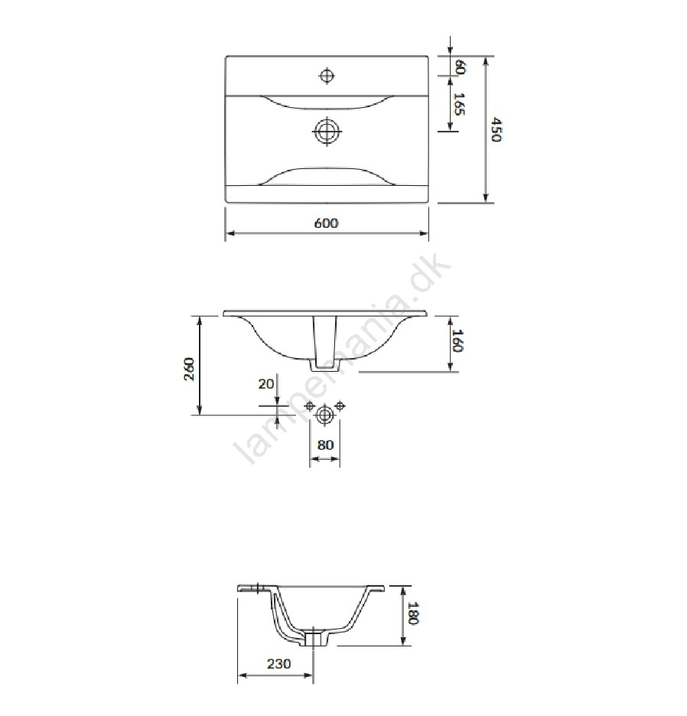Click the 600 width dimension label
tap(326, 223)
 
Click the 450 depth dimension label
tap(497, 129)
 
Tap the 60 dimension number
tap(460, 67)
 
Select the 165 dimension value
tap(459, 104)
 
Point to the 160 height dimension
tap(457, 340)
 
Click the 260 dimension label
tap(189, 369)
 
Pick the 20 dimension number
tap(266, 384)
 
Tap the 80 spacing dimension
tap(325, 444)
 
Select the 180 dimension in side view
tap(412, 613)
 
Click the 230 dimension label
tap(278, 663)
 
